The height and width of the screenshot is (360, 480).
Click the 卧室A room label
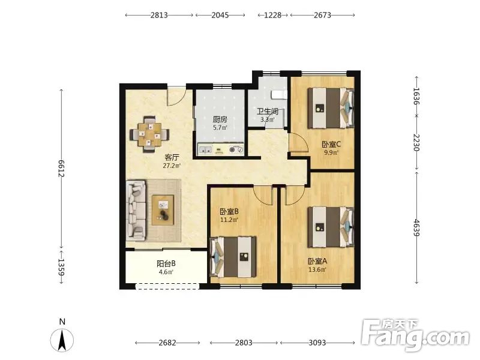point(317,261)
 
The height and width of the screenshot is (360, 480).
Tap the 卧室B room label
point(229,211)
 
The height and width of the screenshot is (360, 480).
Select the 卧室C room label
point(331,144)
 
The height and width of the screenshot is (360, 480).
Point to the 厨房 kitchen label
point(220,119)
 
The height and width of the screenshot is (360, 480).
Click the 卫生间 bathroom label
point(268,111)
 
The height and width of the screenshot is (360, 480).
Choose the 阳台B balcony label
point(166,263)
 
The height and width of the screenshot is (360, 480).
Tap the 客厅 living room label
point(172,157)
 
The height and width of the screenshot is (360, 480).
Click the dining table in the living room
point(149,134)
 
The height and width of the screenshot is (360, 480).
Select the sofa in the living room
point(136,210)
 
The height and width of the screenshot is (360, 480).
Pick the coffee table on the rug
point(163,210)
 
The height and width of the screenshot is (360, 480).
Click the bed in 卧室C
point(331,108)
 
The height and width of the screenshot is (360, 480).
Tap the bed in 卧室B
point(233,257)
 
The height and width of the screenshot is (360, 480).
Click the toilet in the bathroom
point(279,95)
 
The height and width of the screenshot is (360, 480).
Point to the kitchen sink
point(205,149)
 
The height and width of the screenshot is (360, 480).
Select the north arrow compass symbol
point(62,340)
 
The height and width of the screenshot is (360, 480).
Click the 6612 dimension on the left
point(61,169)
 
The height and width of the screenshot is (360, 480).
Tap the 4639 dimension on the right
point(416,227)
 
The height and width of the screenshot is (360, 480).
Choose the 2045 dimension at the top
point(220,15)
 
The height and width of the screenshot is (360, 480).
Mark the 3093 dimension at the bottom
point(317,343)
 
